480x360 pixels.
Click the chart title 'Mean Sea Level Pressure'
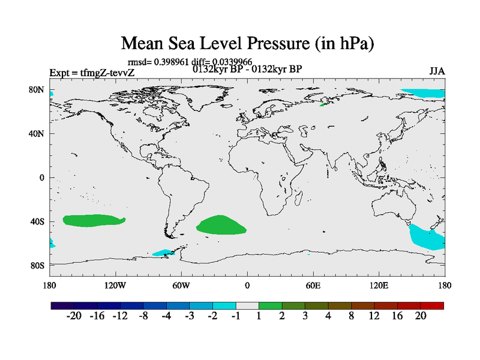pos(248,43)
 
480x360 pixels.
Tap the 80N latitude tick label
pos(37,89)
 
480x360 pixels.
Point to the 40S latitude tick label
pos(37,221)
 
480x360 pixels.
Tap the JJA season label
pos(437,71)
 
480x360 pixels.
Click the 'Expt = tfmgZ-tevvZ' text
pos(92,73)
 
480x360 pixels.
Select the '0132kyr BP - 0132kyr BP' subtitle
pos(247,69)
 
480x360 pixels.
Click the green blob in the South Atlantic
pos(221,225)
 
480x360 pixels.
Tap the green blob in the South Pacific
pos(93,220)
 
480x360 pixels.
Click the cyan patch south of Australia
pos(427,237)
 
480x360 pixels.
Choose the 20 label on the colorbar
pos(421,316)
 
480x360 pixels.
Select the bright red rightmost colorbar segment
pos(433,305)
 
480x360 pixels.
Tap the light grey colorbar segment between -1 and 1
pos(247,305)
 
